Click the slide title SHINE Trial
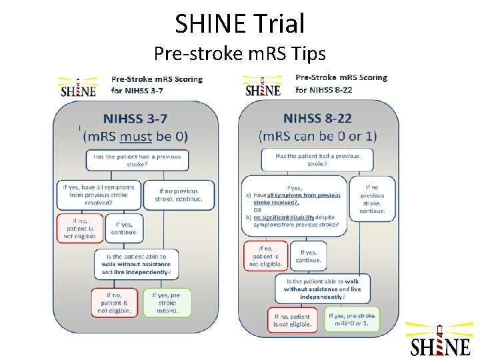pos(240,23)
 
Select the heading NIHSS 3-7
pos(135,119)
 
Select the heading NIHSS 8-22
pos(319,119)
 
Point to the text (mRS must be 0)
pos(135,136)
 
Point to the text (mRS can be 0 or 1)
pos(319,135)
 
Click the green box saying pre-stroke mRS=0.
pos(167,302)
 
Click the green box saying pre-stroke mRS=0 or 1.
pos(353,320)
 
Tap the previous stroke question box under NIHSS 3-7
pos(137,160)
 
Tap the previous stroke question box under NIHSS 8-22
pos(317,160)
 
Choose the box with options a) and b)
pos(294,206)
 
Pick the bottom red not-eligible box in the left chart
pos(113,302)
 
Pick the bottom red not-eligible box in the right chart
pos(292,320)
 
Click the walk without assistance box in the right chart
pos(322,289)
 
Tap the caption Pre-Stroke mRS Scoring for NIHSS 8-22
pos(341,83)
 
